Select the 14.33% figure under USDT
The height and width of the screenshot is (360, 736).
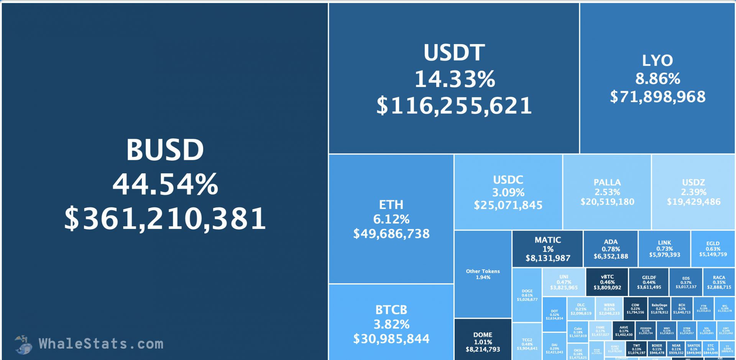click(455, 79)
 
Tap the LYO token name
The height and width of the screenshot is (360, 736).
click(657, 61)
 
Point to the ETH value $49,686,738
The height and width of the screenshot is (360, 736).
click(391, 234)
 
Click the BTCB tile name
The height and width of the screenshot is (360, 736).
click(391, 310)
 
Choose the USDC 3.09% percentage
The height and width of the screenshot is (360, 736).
click(508, 192)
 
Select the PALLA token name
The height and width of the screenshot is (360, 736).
click(607, 182)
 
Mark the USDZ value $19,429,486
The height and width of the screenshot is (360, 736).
click(693, 202)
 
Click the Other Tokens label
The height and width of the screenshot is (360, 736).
click(483, 271)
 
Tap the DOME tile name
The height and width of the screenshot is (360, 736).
click(483, 335)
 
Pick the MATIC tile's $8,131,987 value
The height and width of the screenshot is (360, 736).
click(548, 258)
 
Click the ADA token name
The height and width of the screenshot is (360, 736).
click(611, 242)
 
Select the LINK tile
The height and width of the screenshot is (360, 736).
click(664, 248)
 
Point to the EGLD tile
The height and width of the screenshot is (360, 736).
click(713, 248)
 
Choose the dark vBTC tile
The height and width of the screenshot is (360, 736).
click(607, 282)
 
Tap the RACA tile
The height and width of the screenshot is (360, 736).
click(719, 282)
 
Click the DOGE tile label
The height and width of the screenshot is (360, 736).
click(527, 291)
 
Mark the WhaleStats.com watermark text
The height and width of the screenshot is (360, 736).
click(101, 344)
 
